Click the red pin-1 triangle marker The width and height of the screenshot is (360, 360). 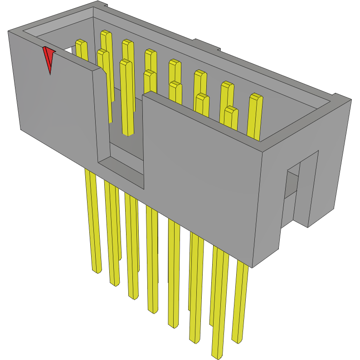[x=48, y=58]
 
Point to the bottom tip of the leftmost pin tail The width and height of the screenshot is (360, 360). [x=97, y=271]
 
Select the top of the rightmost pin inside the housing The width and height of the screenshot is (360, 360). [x=256, y=97]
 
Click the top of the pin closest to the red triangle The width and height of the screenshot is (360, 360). [x=81, y=43]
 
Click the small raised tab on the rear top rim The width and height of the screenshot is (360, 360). [x=206, y=45]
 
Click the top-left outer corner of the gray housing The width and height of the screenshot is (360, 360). [x=9, y=31]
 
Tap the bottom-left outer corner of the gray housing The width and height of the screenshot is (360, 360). [x=20, y=129]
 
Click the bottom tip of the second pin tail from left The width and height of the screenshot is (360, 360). [x=114, y=283]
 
